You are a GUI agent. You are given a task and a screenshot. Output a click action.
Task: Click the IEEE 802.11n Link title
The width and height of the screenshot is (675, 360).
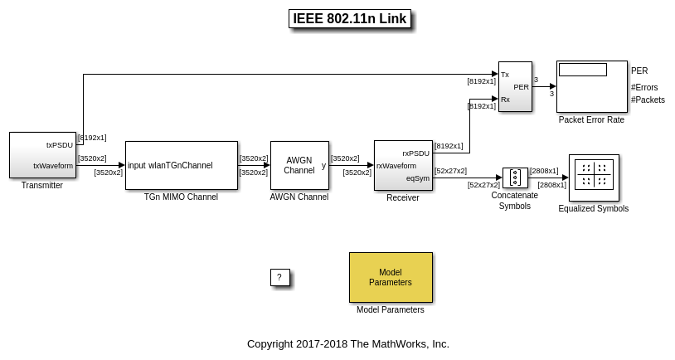(x=349, y=19)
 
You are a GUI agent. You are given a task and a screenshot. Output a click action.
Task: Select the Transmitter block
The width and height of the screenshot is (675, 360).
(x=42, y=155)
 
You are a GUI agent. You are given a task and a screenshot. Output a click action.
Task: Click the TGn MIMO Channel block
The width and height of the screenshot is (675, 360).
(x=181, y=165)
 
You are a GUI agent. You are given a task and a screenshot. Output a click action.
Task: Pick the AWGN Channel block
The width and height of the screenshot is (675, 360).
(x=299, y=165)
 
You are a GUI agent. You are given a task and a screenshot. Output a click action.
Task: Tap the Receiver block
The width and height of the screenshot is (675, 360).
(x=403, y=165)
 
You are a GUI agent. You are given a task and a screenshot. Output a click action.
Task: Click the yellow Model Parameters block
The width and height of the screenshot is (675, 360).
(x=391, y=277)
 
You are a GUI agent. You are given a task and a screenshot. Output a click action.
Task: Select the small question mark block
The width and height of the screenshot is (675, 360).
(x=280, y=277)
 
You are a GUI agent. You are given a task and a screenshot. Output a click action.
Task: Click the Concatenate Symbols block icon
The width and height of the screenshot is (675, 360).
(x=515, y=178)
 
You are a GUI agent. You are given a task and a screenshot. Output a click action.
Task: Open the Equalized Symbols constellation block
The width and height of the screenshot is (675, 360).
(x=594, y=177)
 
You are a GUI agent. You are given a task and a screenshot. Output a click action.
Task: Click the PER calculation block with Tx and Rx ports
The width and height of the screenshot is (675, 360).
(x=515, y=86)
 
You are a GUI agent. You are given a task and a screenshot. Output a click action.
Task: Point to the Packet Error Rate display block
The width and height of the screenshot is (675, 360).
(x=591, y=86)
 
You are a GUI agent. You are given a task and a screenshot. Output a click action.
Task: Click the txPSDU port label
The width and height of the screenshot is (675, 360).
(x=60, y=144)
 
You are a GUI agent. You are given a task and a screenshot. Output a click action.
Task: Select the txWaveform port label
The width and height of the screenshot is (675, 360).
(x=53, y=166)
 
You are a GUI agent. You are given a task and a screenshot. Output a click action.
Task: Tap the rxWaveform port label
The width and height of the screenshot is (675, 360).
(x=396, y=166)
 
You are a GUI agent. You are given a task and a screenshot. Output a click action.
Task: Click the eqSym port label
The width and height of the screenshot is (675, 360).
(x=418, y=178)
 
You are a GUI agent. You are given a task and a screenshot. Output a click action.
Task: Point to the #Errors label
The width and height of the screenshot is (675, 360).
(x=644, y=87)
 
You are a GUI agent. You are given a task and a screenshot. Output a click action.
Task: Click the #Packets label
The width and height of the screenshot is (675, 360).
(x=648, y=100)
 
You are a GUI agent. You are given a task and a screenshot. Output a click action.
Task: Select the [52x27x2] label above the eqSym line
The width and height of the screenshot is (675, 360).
(x=450, y=171)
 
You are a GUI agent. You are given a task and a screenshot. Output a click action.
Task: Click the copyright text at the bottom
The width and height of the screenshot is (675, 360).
(x=348, y=343)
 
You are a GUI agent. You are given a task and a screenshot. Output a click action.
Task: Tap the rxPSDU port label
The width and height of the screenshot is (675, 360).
(x=416, y=153)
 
